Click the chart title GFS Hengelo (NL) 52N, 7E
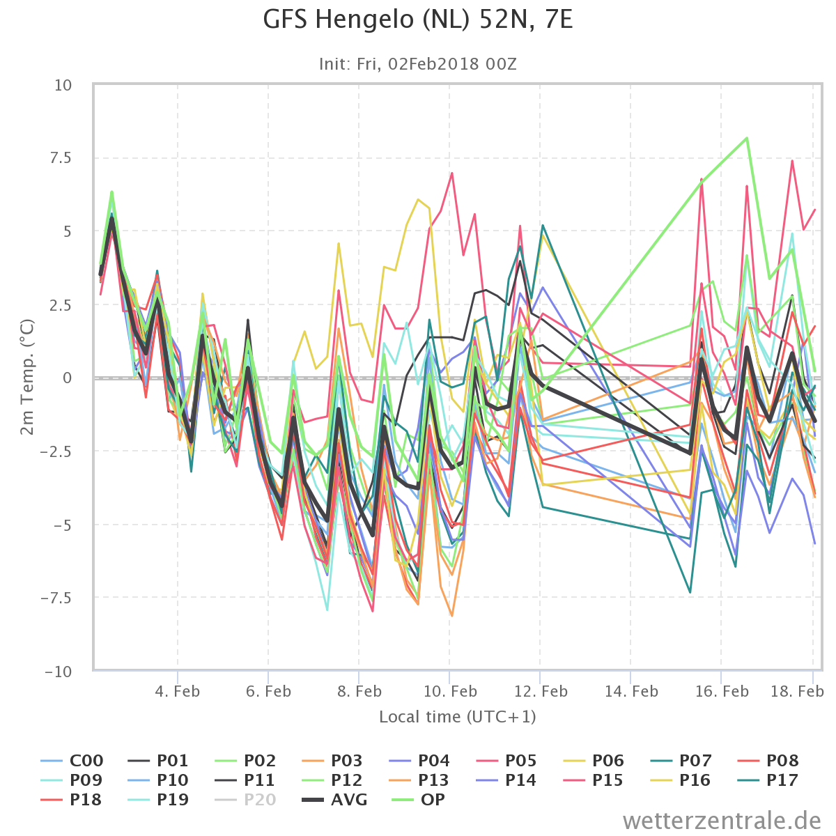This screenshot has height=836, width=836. tap(418, 20)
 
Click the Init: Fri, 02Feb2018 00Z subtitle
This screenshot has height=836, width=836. tap(418, 64)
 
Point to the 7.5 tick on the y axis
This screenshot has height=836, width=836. tap(61, 158)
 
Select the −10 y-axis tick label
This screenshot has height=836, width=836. tap(59, 672)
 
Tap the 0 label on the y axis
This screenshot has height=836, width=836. tap(68, 378)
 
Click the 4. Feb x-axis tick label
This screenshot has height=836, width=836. tap(178, 691)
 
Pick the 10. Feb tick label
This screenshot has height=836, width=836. tap(450, 691)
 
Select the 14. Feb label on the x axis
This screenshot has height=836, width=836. tap(631, 691)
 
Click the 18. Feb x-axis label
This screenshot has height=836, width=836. tap(797, 691)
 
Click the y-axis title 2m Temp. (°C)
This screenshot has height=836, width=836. tap(27, 377)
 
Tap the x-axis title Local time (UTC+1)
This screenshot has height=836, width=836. tap(458, 717)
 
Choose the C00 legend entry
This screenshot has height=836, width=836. tap(72, 761)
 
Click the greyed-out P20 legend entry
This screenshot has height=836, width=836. tap(245, 800)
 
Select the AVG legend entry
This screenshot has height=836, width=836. tap(334, 800)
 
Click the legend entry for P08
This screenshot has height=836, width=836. tap(768, 761)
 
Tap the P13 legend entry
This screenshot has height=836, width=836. tap(420, 780)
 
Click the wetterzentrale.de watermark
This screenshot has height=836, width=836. tap(722, 821)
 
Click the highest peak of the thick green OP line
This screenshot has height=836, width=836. tap(747, 138)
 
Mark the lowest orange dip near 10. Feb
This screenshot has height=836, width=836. tap(451, 615)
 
